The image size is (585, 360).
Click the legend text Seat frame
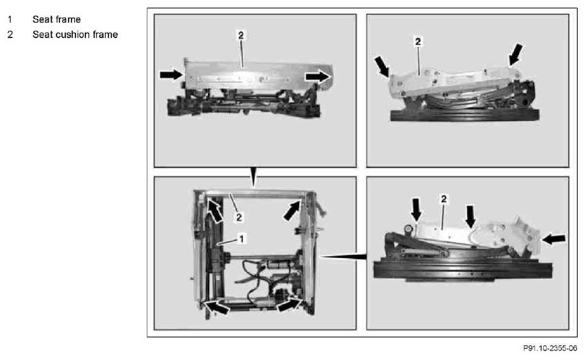tap(57, 19)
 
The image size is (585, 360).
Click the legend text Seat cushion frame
tap(75, 35)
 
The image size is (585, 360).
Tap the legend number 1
tap(10, 19)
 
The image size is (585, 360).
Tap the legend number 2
tap(10, 35)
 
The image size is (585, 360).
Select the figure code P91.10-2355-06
tap(550, 348)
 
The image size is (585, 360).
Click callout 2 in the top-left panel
tap(241, 35)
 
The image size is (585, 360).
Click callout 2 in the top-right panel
tap(418, 41)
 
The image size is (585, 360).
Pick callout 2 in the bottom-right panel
tap(444, 199)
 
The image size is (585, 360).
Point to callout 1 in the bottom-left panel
tap(242, 239)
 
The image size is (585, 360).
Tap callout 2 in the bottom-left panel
tap(239, 217)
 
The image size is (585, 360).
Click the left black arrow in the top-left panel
tap(171, 75)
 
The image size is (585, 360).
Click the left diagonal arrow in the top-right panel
tap(382, 67)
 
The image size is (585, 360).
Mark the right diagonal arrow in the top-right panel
tap(516, 55)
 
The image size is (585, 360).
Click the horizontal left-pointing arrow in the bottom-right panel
tap(554, 239)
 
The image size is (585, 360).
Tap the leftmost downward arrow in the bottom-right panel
tap(416, 210)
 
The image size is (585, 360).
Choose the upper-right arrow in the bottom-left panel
tap(292, 210)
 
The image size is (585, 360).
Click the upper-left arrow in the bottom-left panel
tap(215, 210)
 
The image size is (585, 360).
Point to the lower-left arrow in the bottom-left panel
tap(217, 307)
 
